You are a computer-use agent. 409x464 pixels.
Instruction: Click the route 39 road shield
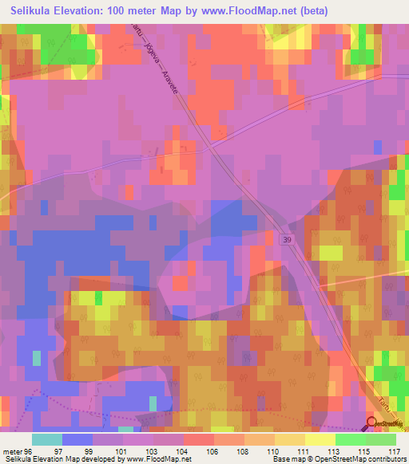tap(286, 238)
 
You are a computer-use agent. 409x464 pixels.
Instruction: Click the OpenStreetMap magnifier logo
tap(372, 424)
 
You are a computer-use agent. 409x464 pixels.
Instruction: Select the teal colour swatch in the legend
tap(47, 439)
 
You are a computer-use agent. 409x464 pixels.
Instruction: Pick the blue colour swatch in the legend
tap(77, 439)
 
